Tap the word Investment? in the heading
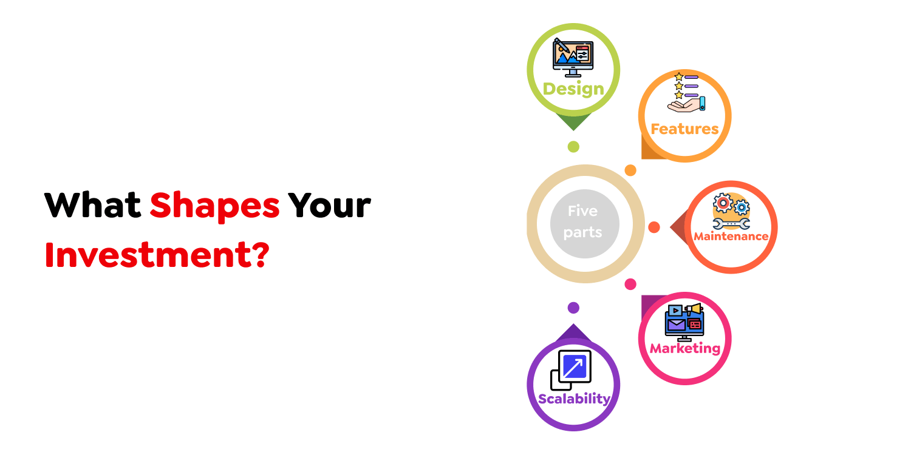[x=157, y=255]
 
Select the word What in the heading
[x=93, y=205]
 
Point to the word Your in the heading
[x=329, y=205]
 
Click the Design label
[x=573, y=89]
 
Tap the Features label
[x=685, y=129]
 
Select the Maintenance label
[x=731, y=236]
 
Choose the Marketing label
[x=685, y=348]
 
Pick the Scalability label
[x=574, y=399]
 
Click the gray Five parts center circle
[x=584, y=224]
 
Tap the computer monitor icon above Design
[x=573, y=58]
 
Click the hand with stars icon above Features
[x=686, y=92]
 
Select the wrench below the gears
[x=731, y=223]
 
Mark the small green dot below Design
[x=573, y=147]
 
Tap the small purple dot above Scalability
[x=573, y=308]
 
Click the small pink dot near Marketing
[x=630, y=285]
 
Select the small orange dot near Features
[x=630, y=170]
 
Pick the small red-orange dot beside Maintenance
[x=654, y=227]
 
